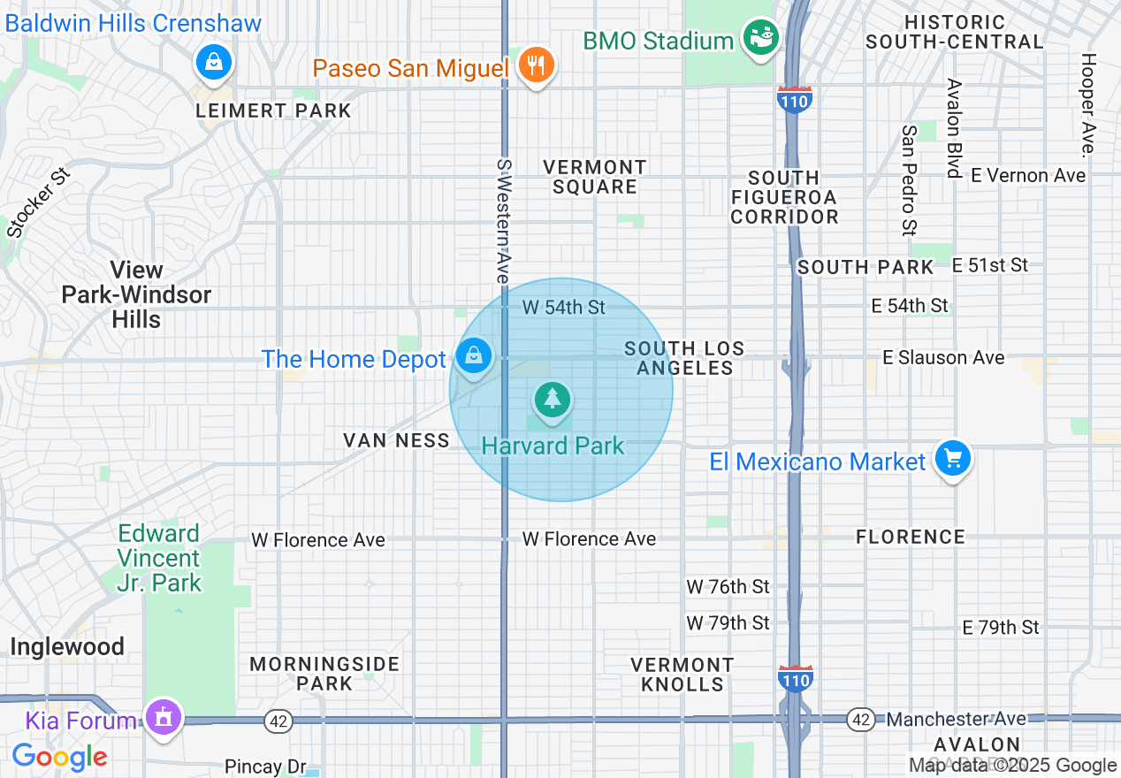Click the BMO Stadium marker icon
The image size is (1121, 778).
[x=761, y=38]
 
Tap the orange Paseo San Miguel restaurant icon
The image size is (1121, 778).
[x=535, y=65]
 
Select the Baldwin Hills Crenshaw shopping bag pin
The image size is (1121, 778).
[x=213, y=63]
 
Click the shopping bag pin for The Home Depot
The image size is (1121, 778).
[x=474, y=356]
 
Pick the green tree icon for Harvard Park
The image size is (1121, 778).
[x=553, y=400]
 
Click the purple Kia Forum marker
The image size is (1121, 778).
[x=163, y=717]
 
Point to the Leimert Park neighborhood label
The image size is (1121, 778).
[x=273, y=111]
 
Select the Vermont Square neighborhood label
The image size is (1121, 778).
[x=595, y=177]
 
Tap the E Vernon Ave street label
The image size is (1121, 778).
[x=1027, y=175]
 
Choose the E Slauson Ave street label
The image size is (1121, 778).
[x=943, y=357]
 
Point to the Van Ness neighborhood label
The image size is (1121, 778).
[x=396, y=439]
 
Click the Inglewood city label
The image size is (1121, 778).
[x=66, y=646]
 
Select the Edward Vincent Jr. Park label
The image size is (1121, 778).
[x=160, y=558]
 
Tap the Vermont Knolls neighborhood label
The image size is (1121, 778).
[x=682, y=674]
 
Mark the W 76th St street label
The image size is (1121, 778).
[x=728, y=586]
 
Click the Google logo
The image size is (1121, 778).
[x=59, y=757]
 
